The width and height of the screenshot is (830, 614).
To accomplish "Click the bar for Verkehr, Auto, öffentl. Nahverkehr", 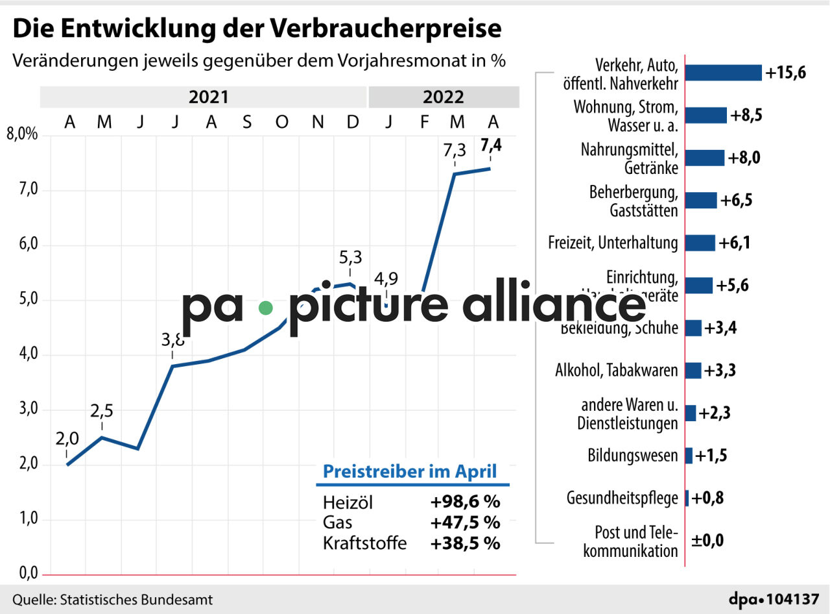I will [723, 73].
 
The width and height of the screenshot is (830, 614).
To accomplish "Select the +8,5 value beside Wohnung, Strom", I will [746, 116].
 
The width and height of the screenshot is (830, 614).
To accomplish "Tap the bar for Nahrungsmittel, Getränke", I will [705, 158].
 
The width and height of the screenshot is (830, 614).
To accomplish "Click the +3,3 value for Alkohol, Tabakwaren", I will [720, 371].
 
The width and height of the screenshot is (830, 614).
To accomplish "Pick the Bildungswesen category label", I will [633, 455].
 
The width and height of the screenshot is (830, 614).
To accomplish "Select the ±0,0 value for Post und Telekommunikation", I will [707, 541].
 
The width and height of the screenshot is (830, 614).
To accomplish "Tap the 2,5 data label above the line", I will [102, 411].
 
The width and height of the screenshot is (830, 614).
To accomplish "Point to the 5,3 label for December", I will [351, 258].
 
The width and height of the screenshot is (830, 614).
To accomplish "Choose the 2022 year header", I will [444, 97].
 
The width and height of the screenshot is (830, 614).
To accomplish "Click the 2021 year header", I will [208, 97].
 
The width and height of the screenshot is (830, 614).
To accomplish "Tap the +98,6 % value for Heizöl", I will [465, 502].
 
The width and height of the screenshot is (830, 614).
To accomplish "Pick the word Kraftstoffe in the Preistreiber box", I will [364, 543].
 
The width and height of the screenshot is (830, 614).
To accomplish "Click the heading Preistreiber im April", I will [410, 471].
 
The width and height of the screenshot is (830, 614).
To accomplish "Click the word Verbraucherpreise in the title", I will [385, 29].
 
